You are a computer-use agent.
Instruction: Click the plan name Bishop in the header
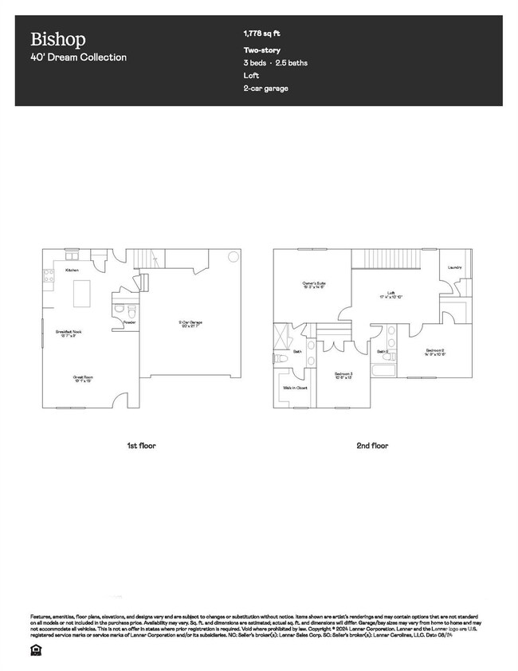coord(58,39)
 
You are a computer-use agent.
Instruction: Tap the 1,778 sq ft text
coord(261,34)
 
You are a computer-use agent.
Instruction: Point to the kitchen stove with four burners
coord(48,277)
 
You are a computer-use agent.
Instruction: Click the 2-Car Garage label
coord(190,323)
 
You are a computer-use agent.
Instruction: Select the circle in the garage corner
coord(233,256)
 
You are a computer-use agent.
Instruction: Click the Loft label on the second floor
coord(391,294)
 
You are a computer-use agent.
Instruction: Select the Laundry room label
coord(455,267)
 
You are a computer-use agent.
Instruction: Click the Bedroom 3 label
coord(344,374)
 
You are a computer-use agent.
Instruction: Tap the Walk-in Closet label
coord(295,389)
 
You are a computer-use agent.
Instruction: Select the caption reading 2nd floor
coord(372,445)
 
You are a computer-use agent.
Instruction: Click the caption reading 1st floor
coord(141,445)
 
